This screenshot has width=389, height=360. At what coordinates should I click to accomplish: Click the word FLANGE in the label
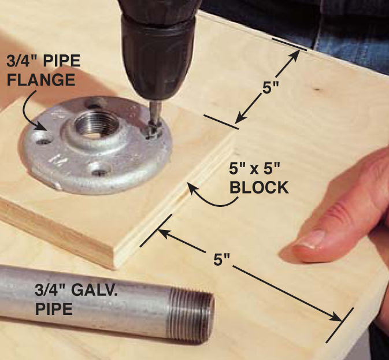(41, 80)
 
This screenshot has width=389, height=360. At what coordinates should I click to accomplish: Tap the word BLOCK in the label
(259, 187)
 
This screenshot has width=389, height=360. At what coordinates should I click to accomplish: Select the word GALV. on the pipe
(94, 290)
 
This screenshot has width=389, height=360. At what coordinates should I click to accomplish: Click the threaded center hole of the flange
(94, 125)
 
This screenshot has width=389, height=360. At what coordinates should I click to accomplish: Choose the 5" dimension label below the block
(222, 259)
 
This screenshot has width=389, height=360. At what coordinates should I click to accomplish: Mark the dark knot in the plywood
(317, 89)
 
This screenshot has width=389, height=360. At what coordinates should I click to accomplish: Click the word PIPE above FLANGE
(62, 61)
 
